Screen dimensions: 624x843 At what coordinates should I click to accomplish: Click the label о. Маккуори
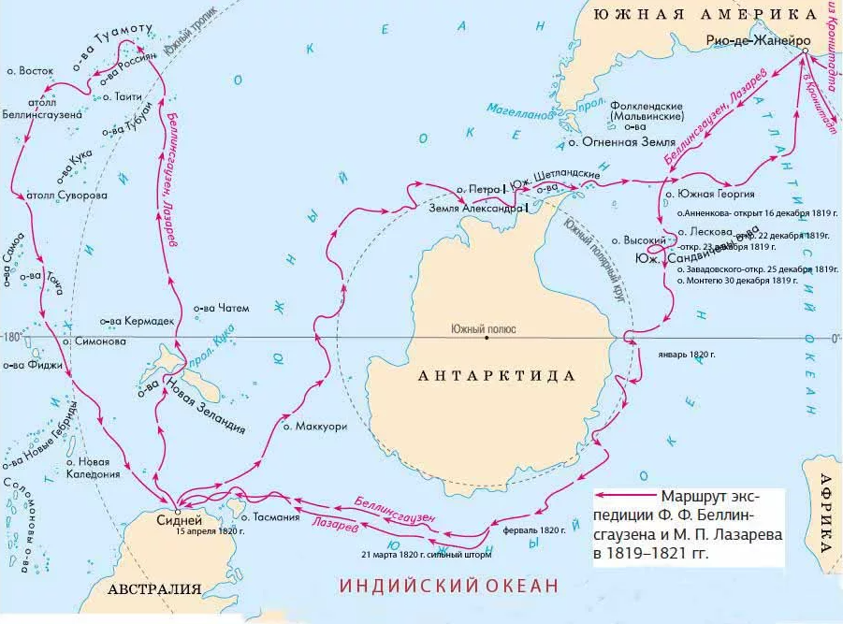click(x=315, y=426)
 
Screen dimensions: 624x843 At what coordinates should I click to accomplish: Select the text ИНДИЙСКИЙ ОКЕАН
click(x=448, y=586)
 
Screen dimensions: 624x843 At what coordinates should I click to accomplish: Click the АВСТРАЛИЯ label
click(x=154, y=589)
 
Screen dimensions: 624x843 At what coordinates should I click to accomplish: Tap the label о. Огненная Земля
click(x=621, y=143)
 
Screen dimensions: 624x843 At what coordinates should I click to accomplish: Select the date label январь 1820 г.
click(x=686, y=355)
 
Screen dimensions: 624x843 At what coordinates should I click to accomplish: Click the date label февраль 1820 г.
click(x=534, y=530)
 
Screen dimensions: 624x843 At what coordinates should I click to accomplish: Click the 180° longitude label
click(x=11, y=337)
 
